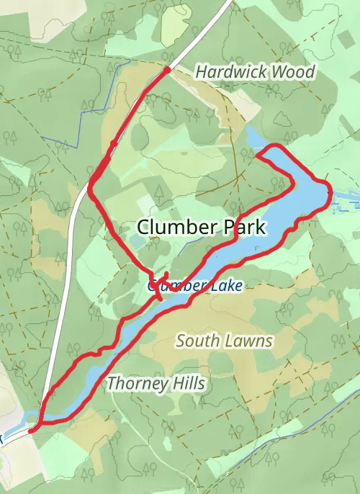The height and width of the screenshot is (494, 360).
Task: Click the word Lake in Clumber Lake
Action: click(x=222, y=286)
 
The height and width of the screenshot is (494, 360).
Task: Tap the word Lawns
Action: click(x=250, y=341)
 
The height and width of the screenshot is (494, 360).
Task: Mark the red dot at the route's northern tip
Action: click(x=167, y=70)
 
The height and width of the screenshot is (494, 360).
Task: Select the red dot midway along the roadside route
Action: click(x=113, y=144)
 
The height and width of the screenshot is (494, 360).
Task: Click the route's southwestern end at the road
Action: click(x=32, y=430)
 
